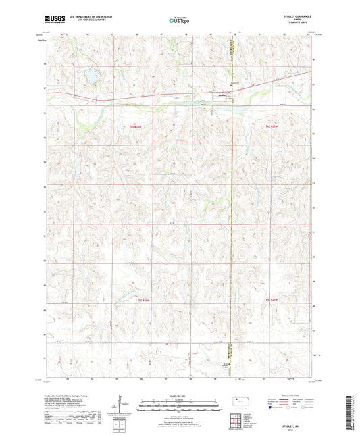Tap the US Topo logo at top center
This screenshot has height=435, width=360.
pyautogui.click(x=179, y=20)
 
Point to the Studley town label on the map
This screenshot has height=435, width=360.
pyautogui.click(x=224, y=96)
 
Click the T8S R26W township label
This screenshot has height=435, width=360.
pyautogui.click(x=138, y=126)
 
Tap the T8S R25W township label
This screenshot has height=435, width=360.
pyautogui.click(x=272, y=126)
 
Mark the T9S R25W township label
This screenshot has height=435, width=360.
pyautogui.click(x=272, y=299)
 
